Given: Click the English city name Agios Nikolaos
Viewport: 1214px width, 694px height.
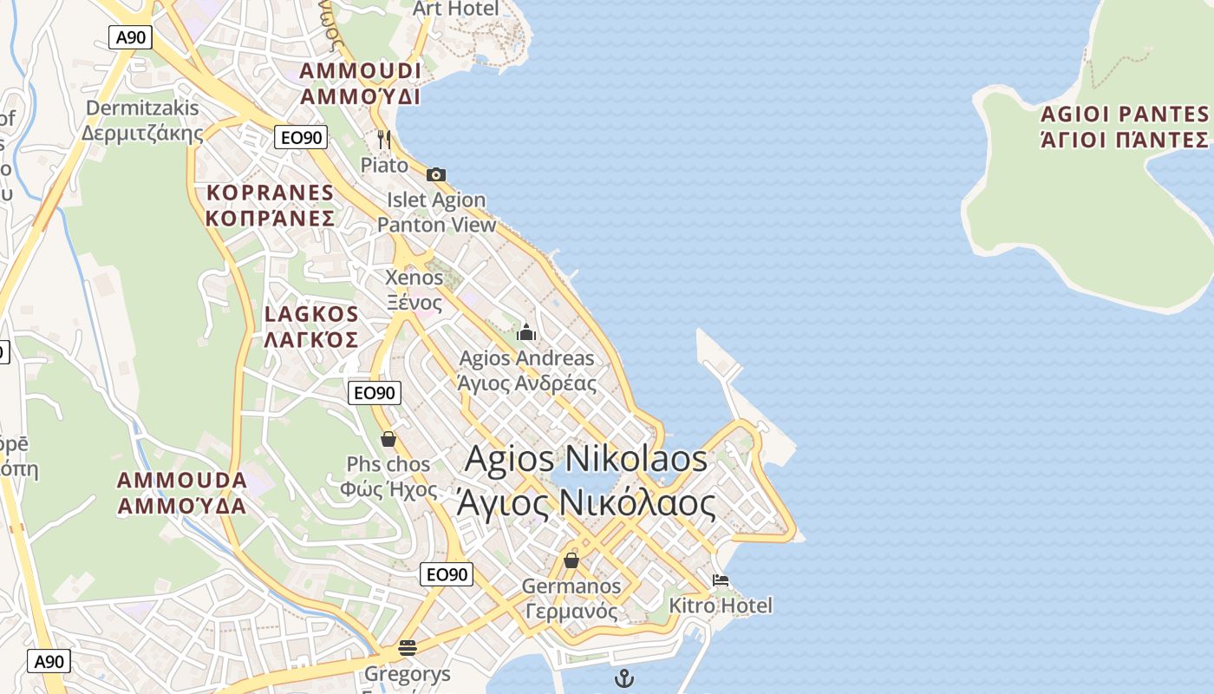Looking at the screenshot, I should (586, 459).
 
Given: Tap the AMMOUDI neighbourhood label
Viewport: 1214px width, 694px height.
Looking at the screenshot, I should (360, 71).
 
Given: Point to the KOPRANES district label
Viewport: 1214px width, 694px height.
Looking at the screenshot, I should (270, 193).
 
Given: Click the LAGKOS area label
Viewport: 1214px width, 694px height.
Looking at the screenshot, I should (311, 314).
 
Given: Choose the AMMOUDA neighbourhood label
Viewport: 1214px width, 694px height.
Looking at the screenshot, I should (182, 480).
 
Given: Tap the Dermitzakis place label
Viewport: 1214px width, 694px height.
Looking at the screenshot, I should (142, 109).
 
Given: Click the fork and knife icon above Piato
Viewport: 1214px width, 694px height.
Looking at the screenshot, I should (384, 139).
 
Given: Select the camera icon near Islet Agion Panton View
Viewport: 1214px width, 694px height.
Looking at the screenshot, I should (436, 174).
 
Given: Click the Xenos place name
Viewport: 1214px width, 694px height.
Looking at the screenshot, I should (414, 278).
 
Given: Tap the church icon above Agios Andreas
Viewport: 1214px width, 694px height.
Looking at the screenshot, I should (526, 332).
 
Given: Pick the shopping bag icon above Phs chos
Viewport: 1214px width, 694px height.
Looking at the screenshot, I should (388, 439).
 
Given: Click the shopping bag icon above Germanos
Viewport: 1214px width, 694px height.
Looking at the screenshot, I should (571, 560).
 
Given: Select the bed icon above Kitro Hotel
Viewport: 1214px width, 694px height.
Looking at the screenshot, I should (720, 580).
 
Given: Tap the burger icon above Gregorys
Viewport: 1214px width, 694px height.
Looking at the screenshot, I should (408, 647).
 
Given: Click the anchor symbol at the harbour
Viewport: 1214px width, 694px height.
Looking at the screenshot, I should (623, 678).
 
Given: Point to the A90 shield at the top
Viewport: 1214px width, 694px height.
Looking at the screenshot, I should (130, 37).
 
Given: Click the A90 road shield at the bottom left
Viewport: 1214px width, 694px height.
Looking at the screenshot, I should (49, 661).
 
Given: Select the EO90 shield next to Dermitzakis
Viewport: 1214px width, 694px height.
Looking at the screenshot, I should (301, 137).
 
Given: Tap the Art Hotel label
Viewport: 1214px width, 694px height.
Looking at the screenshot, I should (456, 9).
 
